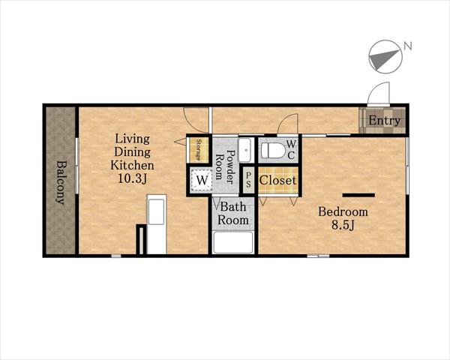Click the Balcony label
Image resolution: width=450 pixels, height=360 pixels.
click(61, 182)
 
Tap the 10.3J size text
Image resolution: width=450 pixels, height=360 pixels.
click(132, 178)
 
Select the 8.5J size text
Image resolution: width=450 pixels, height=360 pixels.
click(343, 225)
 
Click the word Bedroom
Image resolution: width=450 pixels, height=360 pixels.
click(343, 211)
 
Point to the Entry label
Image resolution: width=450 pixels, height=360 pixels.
click(384, 120)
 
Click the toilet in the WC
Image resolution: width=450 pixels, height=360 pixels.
click(272, 151)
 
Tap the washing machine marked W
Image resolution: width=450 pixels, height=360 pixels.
click(202, 180)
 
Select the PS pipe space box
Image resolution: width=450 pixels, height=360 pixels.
click(248, 180)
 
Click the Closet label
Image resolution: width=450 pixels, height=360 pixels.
click(277, 180)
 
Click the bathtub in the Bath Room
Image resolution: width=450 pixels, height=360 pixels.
click(233, 242)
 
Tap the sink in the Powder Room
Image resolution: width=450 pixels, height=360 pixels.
click(246, 150)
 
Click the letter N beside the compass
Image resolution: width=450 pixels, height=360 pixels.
click(408, 46)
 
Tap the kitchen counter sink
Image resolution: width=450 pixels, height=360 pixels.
click(157, 211)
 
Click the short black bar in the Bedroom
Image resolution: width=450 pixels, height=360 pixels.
click(358, 195)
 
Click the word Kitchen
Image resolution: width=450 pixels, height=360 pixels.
click(132, 165)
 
